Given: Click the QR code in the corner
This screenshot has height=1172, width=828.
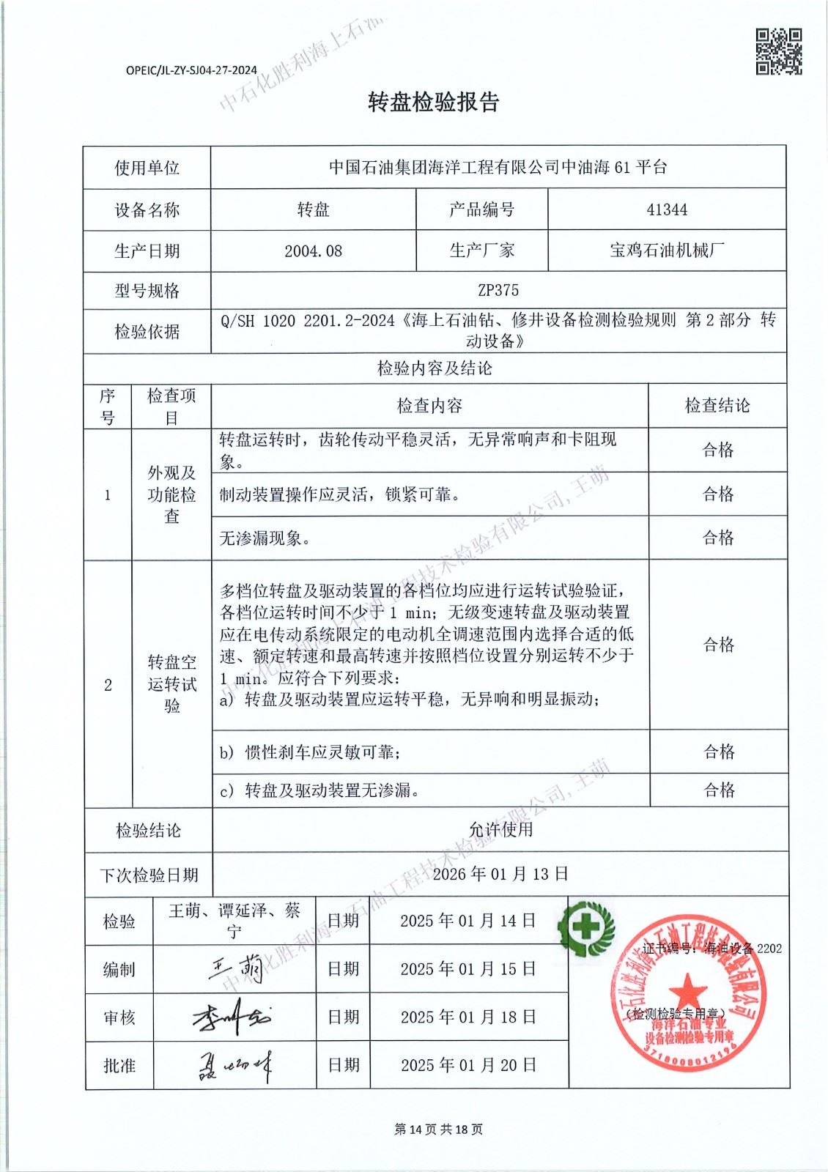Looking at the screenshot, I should click(x=778, y=51).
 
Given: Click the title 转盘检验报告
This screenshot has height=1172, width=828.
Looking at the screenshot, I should click(x=433, y=103).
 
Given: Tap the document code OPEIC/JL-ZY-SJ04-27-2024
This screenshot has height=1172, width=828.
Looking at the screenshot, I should click(x=191, y=70).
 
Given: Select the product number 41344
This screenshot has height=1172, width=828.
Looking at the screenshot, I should click(x=667, y=210).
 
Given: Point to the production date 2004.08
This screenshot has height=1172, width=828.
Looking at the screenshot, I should click(x=313, y=251).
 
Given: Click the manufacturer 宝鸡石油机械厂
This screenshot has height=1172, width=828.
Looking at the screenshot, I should click(x=667, y=251).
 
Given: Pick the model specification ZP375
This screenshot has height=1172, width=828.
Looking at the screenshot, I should click(x=498, y=291).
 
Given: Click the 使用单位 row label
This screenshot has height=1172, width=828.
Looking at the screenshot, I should click(x=147, y=168).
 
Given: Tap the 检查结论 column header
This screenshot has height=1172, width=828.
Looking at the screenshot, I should click(x=717, y=406).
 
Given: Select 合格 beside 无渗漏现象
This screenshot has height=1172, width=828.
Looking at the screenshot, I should click(x=717, y=538).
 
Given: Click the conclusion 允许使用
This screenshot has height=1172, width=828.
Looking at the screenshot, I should click(x=500, y=830).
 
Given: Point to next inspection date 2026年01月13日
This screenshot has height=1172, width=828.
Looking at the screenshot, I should click(x=500, y=874).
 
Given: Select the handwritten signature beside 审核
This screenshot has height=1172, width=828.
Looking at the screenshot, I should click(x=232, y=1017).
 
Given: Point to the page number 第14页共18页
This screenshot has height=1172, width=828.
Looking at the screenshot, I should click(x=438, y=1130).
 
